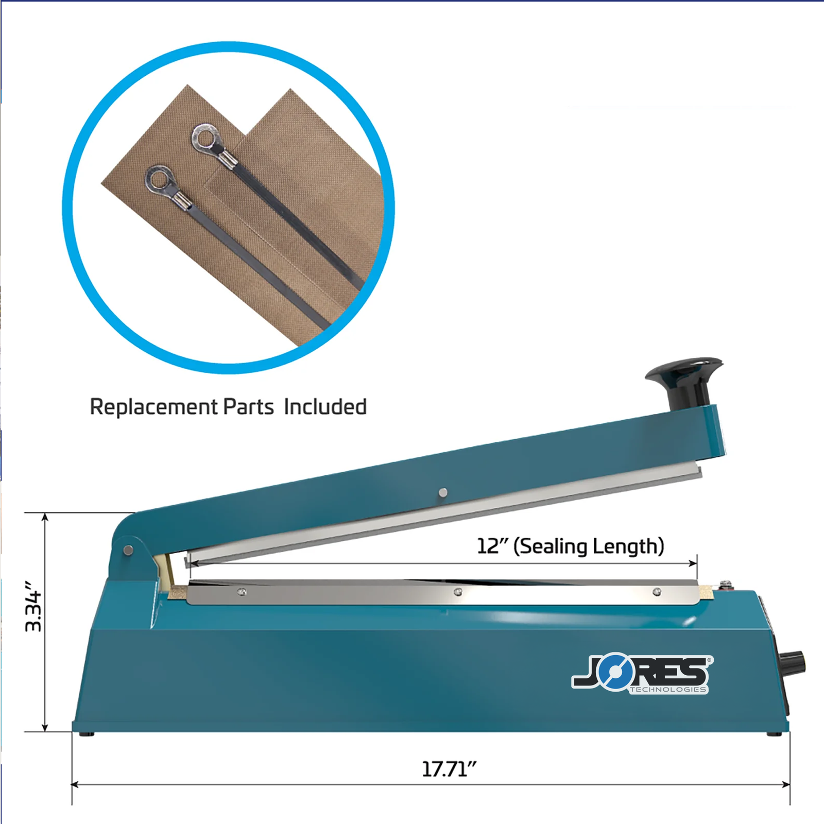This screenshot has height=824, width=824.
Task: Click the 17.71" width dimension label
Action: [x=449, y=769]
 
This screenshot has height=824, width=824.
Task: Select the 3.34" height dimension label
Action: [x=34, y=607]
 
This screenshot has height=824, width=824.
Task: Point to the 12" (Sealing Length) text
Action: [x=570, y=546]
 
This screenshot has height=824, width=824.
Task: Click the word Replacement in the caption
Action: [x=153, y=407]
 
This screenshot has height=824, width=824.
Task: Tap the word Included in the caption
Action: [x=325, y=407]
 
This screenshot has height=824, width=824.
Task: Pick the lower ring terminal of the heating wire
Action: [x=160, y=180]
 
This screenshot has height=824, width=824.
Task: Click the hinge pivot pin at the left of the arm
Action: [x=129, y=550]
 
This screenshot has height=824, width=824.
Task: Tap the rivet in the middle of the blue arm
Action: [x=442, y=493]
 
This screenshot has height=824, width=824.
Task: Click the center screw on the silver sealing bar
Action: [x=458, y=592]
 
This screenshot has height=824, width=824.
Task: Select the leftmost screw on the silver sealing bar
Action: [x=242, y=592]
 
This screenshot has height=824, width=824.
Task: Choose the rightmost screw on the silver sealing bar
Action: [x=657, y=592]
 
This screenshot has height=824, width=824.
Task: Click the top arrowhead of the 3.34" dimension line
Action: [x=45, y=517]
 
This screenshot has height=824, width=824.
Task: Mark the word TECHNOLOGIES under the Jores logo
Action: [x=668, y=690]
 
